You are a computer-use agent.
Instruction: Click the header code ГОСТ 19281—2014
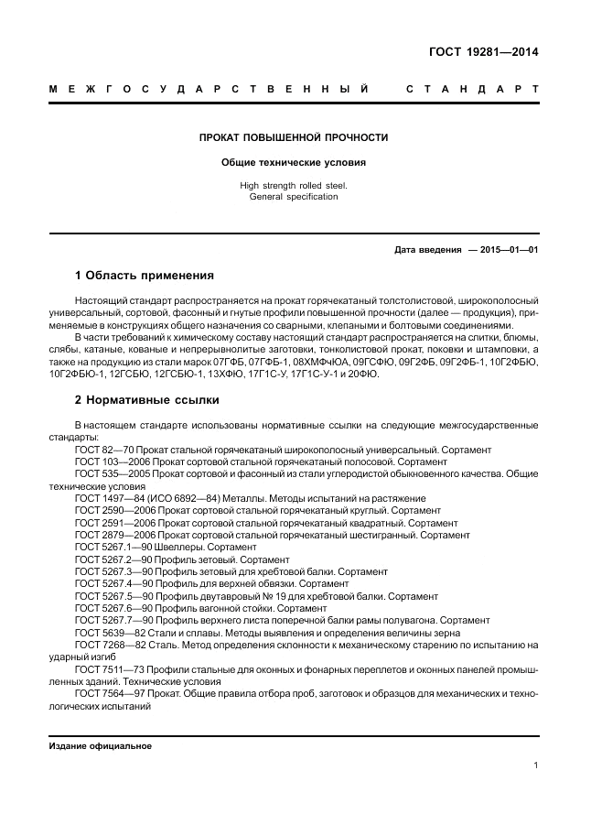point(484,52)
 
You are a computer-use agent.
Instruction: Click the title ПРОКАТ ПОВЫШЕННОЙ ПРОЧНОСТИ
point(294,137)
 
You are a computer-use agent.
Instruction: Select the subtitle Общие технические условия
point(294,163)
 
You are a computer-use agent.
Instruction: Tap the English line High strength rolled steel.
point(294,186)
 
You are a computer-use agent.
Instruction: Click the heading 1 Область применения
point(144,275)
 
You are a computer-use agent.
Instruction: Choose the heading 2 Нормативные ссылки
point(146,400)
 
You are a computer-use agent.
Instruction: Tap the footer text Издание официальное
point(100,746)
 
